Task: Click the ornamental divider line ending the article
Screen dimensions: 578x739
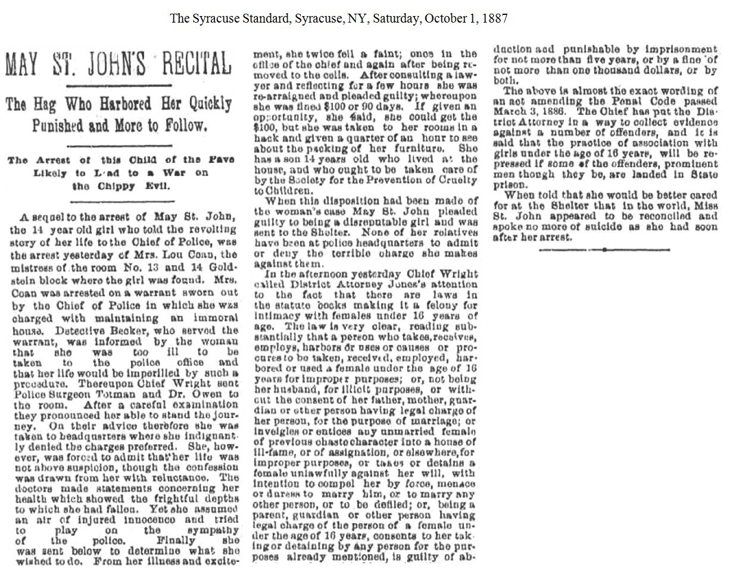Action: point(604,250)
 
